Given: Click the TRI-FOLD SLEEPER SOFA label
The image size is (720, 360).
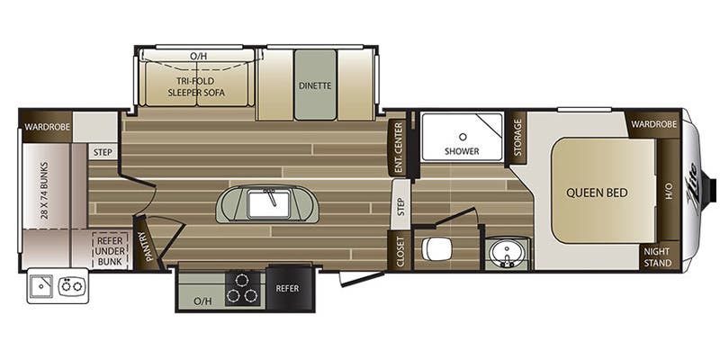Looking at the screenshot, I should click(200, 86).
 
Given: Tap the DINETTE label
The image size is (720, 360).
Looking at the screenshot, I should click(315, 85).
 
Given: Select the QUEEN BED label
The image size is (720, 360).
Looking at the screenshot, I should click(597, 192).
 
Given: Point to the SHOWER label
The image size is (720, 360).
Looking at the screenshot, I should click(461, 150).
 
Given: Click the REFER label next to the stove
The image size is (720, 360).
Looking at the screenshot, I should click(287, 289).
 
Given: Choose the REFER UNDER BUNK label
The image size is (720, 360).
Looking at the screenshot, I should click(110, 248).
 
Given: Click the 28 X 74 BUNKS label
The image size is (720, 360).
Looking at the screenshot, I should click(42, 191).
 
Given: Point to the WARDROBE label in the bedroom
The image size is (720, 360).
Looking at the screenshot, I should click(653, 124).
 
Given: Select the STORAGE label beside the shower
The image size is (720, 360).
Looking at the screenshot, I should click(518, 136).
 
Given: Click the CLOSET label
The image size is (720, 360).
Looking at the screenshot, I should click(397, 252).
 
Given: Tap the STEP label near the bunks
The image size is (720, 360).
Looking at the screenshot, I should click(102, 152).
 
